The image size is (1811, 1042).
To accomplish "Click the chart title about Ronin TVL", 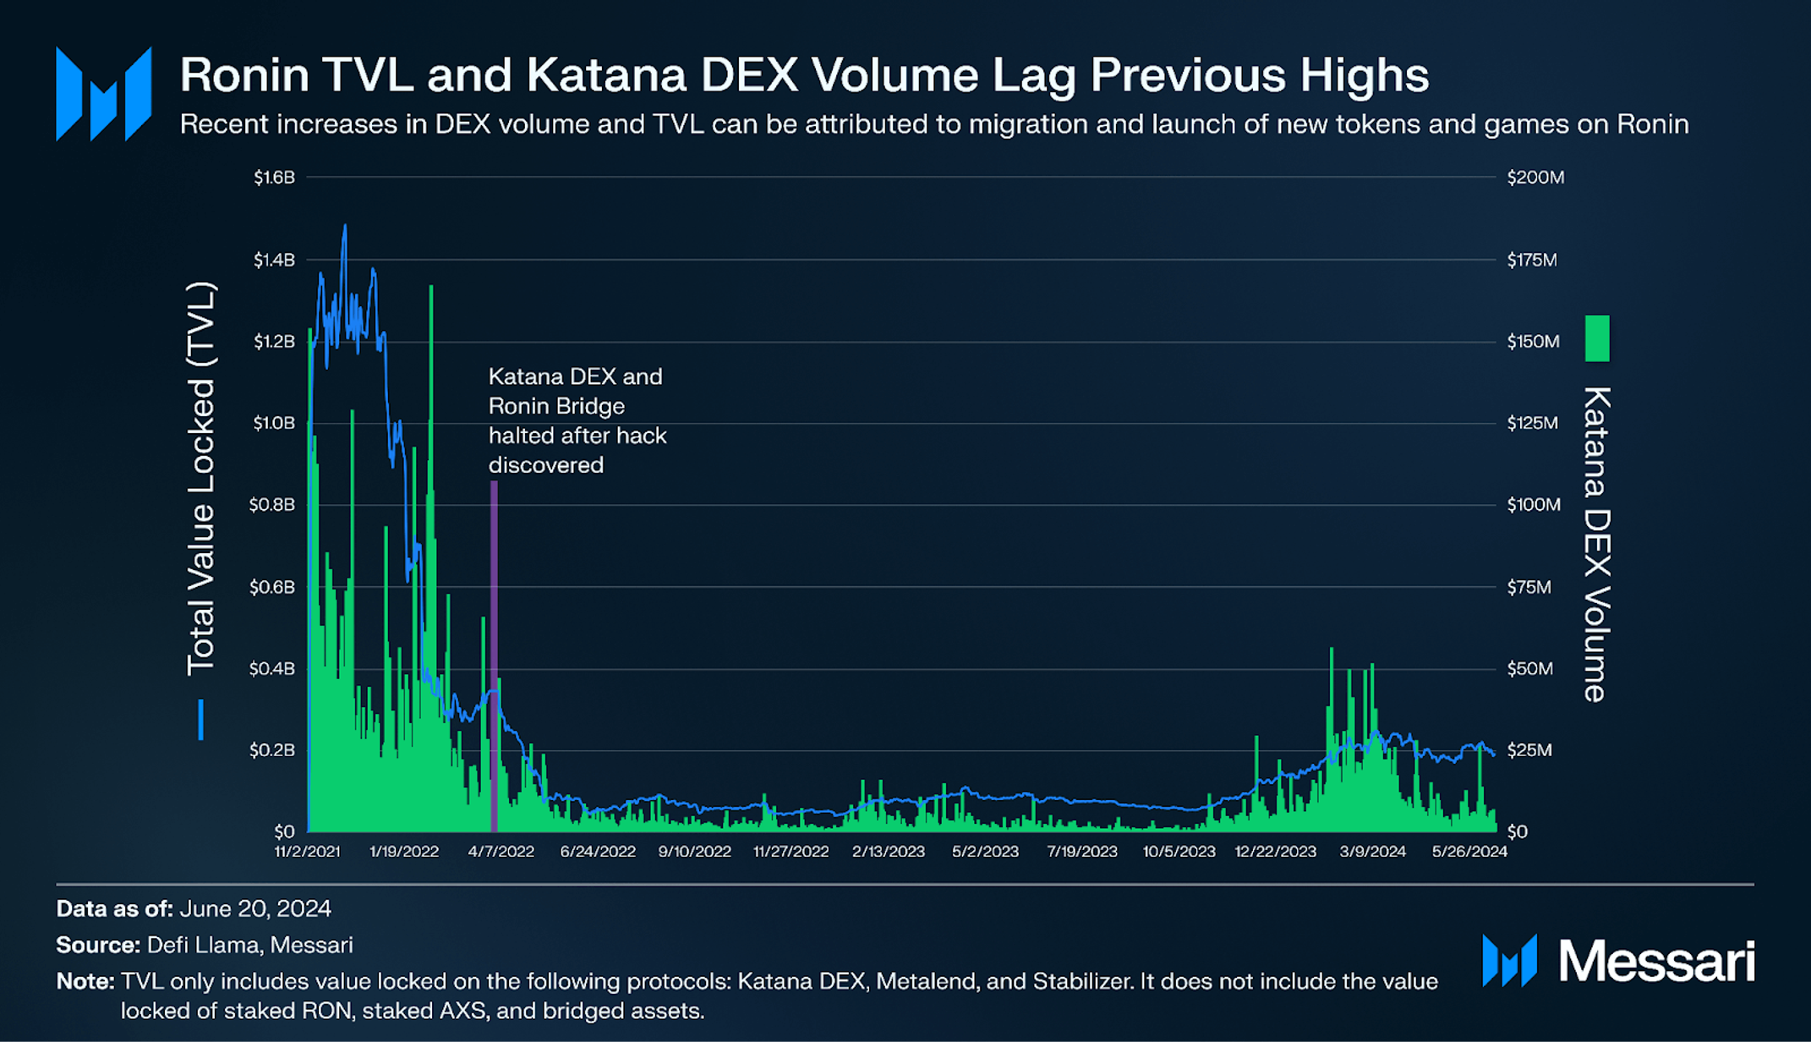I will [803, 74].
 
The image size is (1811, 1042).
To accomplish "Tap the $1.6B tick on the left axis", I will [274, 178].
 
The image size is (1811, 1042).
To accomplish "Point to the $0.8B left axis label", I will [272, 505].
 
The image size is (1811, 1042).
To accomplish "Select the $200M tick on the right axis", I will [1535, 178].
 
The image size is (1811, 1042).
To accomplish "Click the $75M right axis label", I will [1529, 587].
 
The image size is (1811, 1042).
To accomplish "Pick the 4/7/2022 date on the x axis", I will [501, 852].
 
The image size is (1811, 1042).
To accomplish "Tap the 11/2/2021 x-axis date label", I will [307, 852].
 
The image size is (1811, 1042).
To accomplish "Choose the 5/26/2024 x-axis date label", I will [1469, 852].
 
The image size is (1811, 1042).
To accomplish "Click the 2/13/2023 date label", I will [888, 852].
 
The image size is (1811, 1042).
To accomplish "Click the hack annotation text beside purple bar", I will [577, 420].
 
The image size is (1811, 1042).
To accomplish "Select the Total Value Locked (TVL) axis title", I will [201, 479].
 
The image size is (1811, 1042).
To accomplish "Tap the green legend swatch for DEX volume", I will [1597, 338].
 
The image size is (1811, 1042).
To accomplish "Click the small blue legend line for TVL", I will [200, 720].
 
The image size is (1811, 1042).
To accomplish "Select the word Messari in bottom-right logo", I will [1656, 962].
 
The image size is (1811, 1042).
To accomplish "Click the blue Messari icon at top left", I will [103, 93].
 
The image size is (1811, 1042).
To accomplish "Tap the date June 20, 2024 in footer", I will [255, 909].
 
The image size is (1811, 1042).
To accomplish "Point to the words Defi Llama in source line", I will [194, 946].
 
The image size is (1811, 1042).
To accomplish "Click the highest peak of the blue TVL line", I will [344, 227].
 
